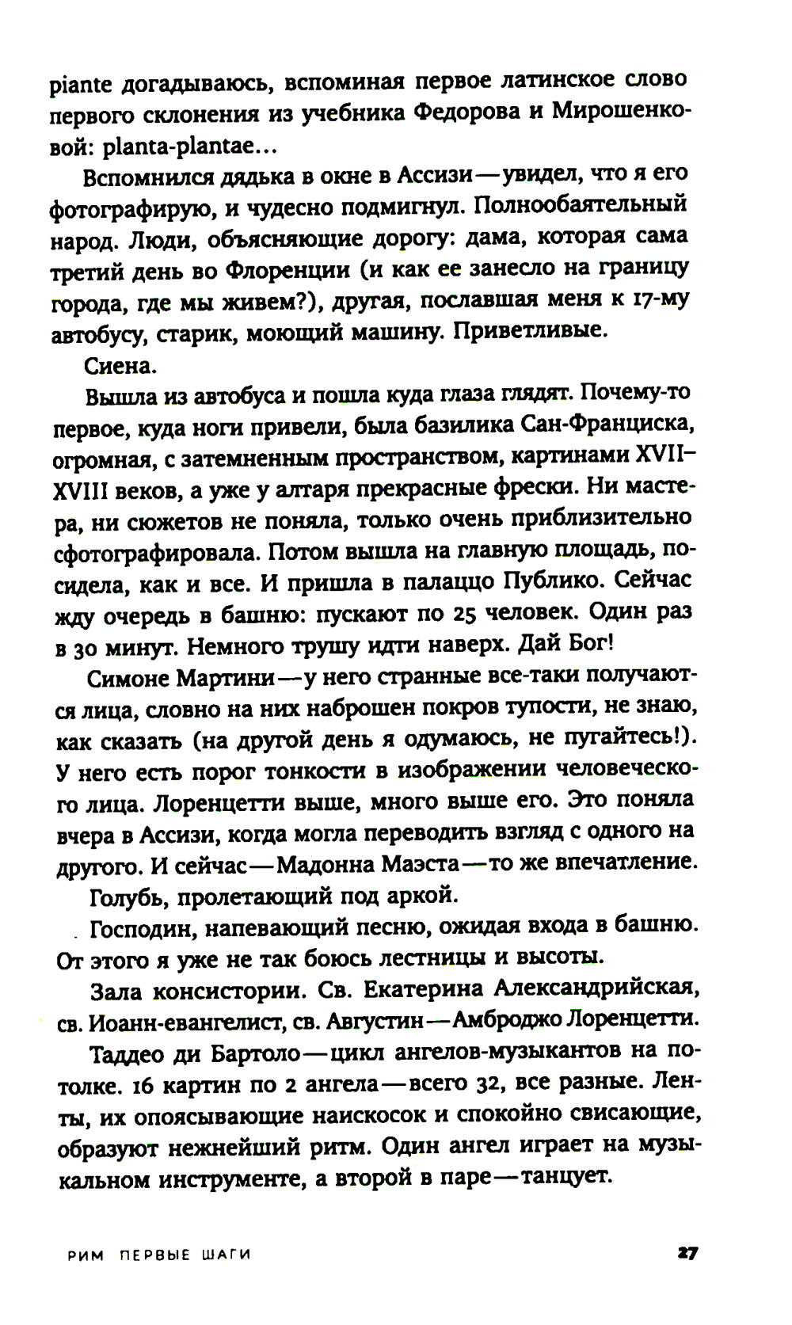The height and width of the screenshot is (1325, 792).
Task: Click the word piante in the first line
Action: pyautogui.click(x=78, y=82)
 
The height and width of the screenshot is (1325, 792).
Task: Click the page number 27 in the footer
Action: pyautogui.click(x=686, y=1254)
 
